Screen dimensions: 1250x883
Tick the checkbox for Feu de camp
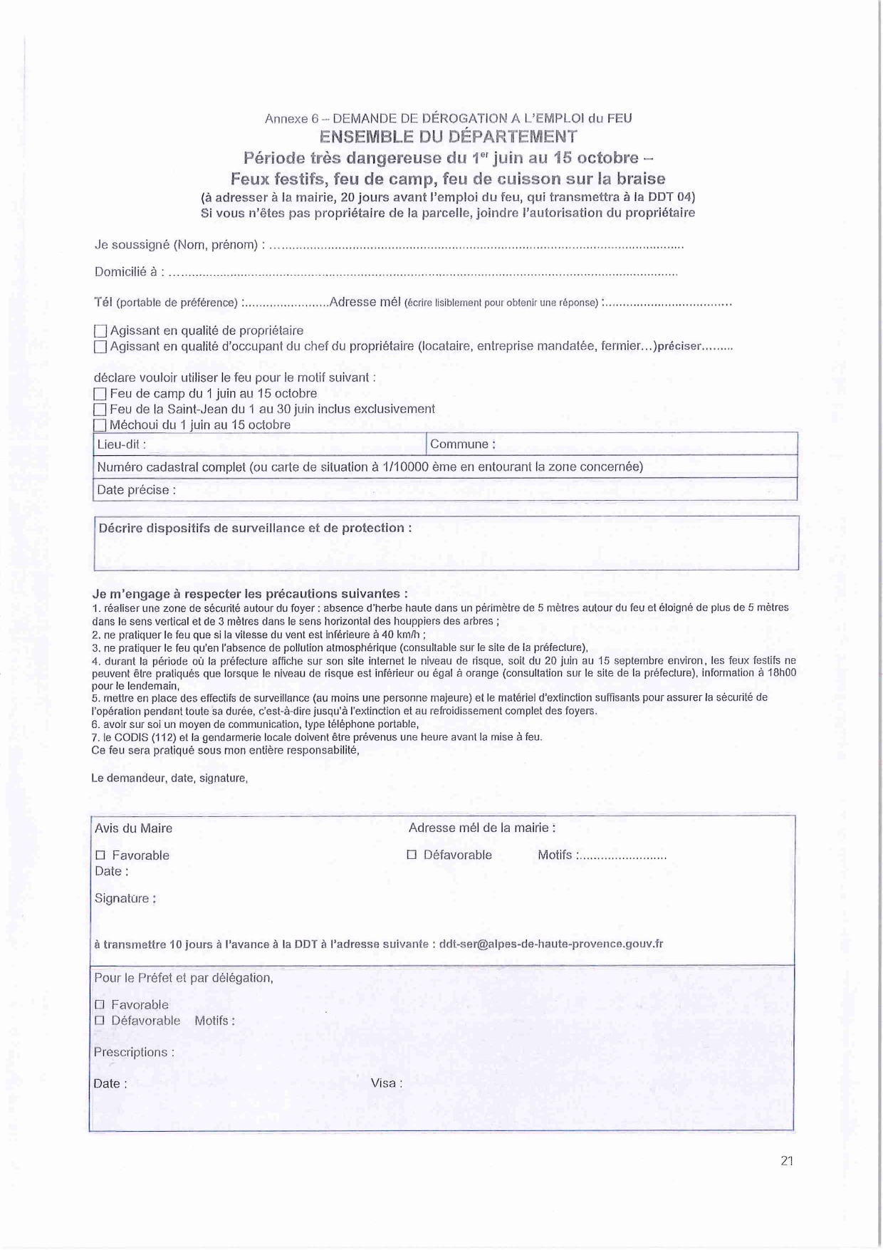pos(100,394)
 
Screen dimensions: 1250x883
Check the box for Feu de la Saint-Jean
pos(100,410)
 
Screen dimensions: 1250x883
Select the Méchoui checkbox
pos(100,425)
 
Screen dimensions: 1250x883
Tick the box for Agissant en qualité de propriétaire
pos(100,331)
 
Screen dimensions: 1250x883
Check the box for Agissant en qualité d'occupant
pos(100,347)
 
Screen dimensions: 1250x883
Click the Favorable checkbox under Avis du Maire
pos(100,855)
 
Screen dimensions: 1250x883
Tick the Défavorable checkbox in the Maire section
pos(412,854)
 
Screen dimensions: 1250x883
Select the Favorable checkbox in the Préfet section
pos(100,1004)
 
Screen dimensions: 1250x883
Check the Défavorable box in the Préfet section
pos(100,1020)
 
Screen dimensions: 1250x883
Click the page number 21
pos(787,1161)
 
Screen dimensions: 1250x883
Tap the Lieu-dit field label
pos(121,444)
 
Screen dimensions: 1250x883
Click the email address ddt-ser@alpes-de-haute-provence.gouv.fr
pos(551,944)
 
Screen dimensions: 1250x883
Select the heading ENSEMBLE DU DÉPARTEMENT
pos(448,137)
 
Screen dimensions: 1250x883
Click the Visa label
pos(386,1083)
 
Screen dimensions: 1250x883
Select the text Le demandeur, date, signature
pos(169,778)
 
